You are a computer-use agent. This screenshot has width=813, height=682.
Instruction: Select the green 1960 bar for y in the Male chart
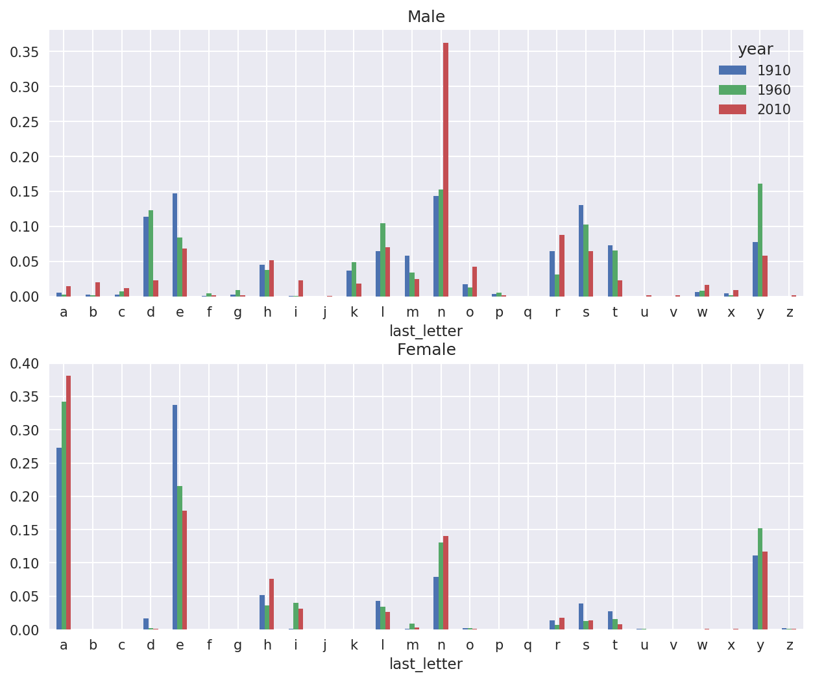point(760,240)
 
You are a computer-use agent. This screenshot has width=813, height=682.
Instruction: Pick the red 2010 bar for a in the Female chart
point(68,502)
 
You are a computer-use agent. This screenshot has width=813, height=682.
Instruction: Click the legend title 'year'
point(755,49)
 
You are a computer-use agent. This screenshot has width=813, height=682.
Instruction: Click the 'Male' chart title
point(426,17)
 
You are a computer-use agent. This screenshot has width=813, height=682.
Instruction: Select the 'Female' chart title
point(426,350)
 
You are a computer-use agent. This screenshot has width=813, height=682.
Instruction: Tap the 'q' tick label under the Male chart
point(528,313)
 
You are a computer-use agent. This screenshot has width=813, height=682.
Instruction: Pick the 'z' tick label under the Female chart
point(790,646)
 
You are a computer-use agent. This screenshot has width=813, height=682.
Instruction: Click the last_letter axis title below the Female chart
point(426,664)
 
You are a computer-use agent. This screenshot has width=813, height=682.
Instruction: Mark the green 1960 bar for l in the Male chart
point(383,260)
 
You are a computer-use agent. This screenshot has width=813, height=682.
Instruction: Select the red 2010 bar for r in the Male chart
point(562,265)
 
